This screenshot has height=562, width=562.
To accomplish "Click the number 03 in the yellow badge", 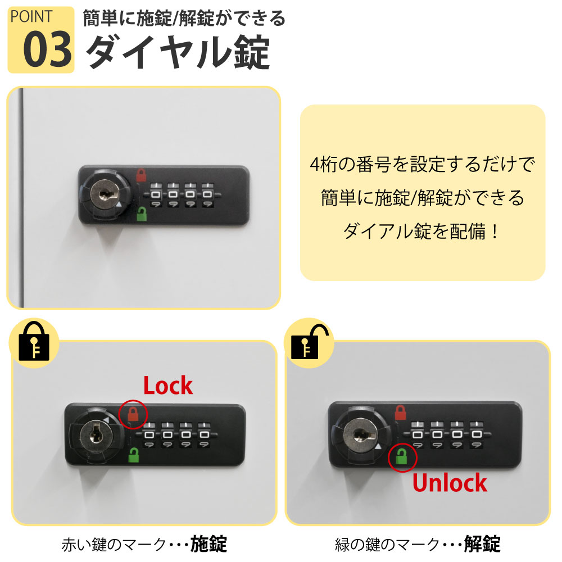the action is click(47, 49).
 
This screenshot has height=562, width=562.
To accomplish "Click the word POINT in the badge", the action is click(31, 16).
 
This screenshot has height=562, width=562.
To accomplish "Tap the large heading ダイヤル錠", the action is click(178, 52).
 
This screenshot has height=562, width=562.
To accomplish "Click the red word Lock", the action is click(168, 386).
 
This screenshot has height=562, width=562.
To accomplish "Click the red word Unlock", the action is click(450, 482).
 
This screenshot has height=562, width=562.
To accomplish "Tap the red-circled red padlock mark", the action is click(133, 414).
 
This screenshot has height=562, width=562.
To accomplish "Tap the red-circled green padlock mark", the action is click(401, 456).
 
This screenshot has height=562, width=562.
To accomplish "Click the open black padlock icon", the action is click(309, 342).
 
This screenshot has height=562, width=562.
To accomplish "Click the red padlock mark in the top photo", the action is click(141, 175).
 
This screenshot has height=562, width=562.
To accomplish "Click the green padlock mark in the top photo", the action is click(142, 214).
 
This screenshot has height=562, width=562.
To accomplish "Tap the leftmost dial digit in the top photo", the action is click(156, 194).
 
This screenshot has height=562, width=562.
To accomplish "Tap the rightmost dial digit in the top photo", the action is click(207, 194).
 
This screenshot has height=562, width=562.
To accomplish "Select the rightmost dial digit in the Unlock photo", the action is click(477, 434).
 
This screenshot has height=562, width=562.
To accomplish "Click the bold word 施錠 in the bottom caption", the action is click(209, 544).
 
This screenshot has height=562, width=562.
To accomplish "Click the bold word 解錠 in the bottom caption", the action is click(482, 544).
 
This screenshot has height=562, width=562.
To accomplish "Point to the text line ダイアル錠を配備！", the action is click(421, 231).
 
